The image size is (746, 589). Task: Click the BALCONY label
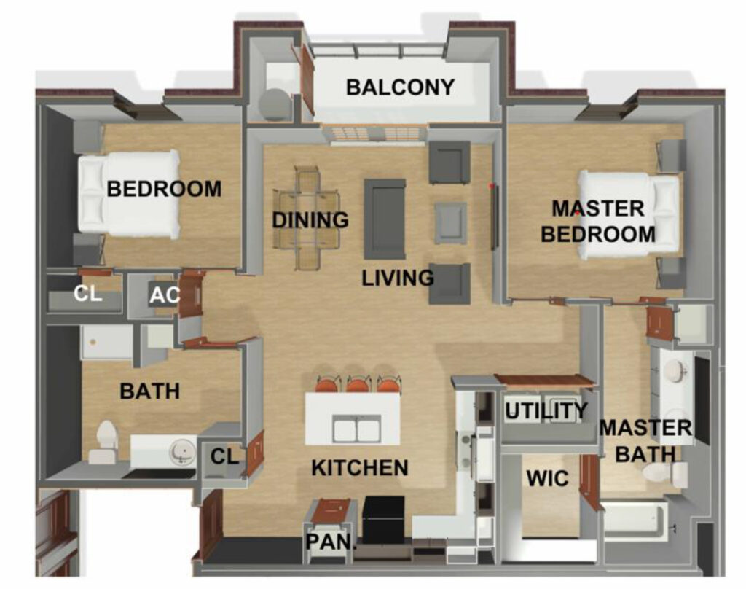point(400,87)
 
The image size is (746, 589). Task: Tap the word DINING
point(310,220)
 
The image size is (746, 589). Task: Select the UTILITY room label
point(546,410)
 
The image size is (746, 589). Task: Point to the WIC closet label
point(548,478)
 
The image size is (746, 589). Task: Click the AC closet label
point(165,295)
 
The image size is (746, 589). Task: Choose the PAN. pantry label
point(331,542)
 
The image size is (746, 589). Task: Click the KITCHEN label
point(360,468)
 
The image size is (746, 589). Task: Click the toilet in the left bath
point(105,442)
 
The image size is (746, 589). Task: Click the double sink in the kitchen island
point(356,428)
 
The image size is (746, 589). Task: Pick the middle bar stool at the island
point(358,383)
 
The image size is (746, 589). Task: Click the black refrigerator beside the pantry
point(383,520)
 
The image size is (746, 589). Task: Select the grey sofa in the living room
point(385,219)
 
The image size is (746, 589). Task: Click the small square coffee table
point(450,223)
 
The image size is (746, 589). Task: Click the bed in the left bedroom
point(128,195)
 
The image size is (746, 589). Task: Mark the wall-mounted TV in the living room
point(495,217)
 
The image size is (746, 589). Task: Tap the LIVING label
point(398,278)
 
